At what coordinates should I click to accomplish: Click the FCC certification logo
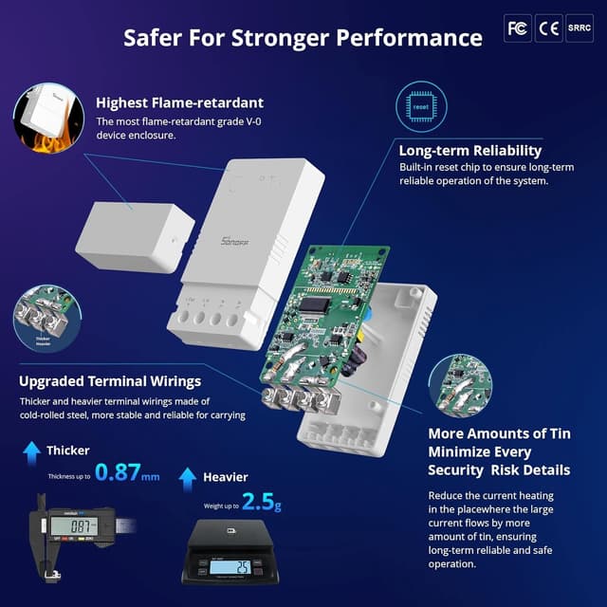[518, 28]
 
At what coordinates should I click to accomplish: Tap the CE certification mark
[548, 28]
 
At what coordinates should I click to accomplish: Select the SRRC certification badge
[579, 28]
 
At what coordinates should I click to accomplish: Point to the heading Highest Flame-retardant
[180, 102]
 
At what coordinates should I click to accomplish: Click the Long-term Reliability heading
[470, 150]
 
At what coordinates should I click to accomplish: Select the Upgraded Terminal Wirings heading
[110, 381]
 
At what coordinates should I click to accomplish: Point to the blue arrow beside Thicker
[31, 450]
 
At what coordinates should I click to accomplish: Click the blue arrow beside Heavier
[187, 477]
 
